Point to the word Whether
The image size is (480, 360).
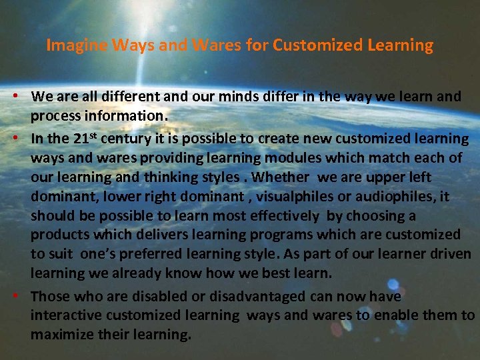click(x=281, y=177)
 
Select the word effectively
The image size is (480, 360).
click(x=282, y=216)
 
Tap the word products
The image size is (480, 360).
click(x=55, y=235)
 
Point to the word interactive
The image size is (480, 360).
click(x=62, y=315)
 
